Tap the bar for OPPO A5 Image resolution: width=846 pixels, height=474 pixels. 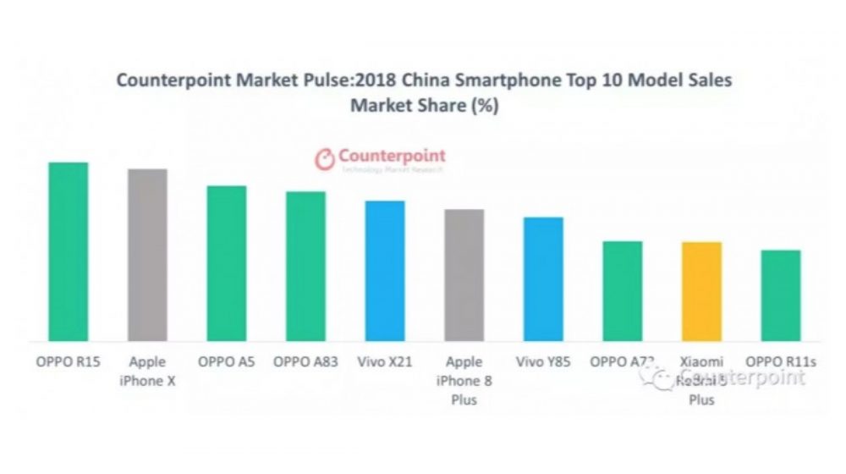[227, 263]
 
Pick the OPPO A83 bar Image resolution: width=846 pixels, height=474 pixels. [305, 266]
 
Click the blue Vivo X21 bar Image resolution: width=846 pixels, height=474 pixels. [385, 271]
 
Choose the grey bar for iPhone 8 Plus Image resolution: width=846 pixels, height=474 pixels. [464, 275]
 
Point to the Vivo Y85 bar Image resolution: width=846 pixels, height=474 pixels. [543, 279]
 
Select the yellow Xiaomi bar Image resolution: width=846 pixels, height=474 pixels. [701, 291]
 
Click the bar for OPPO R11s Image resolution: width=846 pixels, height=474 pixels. [781, 295]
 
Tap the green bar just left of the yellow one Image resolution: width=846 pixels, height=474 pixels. [623, 291]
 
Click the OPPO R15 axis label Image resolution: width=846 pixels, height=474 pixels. [68, 362]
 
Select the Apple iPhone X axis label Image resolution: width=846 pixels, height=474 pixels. [147, 372]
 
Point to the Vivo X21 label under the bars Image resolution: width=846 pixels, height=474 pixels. [385, 362]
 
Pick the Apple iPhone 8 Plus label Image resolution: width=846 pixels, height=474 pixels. [464, 381]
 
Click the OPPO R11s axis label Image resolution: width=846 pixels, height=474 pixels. [781, 362]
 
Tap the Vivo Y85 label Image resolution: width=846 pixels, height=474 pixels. [543, 362]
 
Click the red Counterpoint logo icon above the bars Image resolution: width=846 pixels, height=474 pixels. [324, 159]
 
